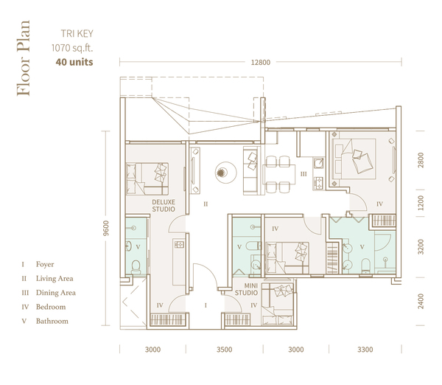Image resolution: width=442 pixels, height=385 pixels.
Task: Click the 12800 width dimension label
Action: [261, 63]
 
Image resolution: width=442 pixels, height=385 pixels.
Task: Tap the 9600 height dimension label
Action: [105, 228]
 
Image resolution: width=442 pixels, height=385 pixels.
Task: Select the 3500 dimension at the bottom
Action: [225, 350]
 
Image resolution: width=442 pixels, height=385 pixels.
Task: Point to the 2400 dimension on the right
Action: [421, 301]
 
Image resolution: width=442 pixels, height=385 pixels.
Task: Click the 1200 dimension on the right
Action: [421, 203]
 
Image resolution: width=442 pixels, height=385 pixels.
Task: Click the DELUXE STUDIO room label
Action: [164, 206]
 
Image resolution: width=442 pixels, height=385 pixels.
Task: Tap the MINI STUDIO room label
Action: [246, 289]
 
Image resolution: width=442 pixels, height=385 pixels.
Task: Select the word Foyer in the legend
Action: [45, 264]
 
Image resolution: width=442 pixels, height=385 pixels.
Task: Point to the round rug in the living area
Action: [225, 173]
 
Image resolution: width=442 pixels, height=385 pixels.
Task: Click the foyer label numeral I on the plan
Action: [206, 305]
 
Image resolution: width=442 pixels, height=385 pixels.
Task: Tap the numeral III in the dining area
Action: [304, 174]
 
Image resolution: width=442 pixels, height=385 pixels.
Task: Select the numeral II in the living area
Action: [206, 204]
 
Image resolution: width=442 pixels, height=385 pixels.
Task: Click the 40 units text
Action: [74, 62]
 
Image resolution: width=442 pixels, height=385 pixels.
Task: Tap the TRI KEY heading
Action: [77, 34]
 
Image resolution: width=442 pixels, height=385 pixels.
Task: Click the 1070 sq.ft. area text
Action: [72, 48]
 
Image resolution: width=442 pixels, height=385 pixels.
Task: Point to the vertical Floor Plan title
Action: [23, 58]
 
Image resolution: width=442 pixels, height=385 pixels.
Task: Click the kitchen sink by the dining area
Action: [319, 163]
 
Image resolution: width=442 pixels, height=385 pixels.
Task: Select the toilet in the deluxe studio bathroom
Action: [136, 266]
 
